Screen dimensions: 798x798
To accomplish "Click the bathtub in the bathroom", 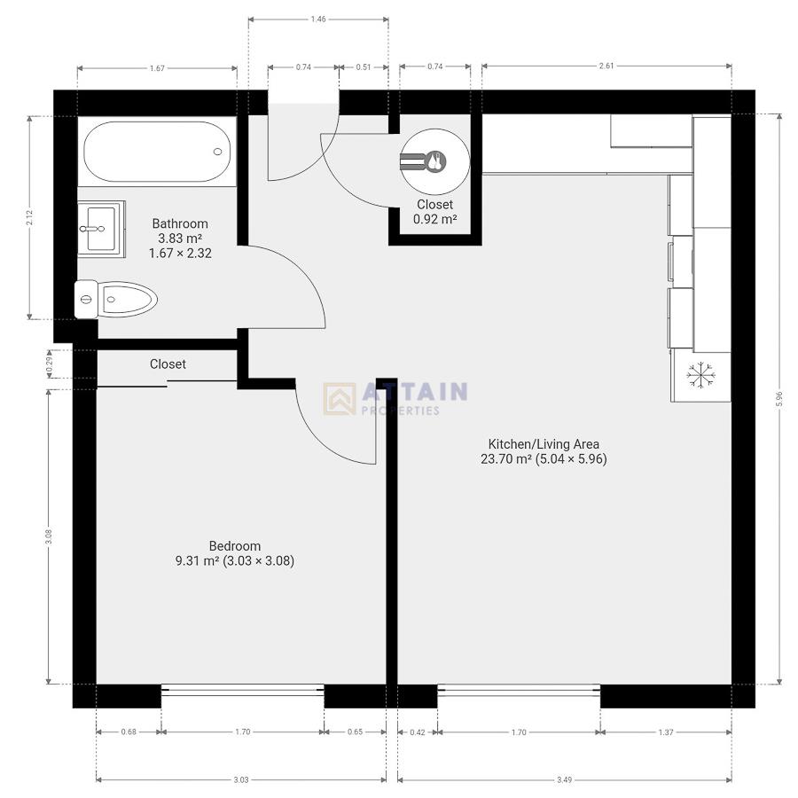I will (x=157, y=152).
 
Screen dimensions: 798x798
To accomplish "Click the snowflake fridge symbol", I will (x=700, y=376).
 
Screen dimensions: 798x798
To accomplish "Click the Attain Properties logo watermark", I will (x=395, y=398).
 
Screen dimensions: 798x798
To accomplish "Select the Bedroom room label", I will (x=234, y=546).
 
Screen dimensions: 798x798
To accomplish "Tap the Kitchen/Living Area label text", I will (x=544, y=443).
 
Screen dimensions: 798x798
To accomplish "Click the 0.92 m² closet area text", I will (x=434, y=219).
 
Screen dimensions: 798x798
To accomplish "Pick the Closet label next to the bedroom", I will (x=168, y=364).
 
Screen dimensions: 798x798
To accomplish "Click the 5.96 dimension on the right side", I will (x=779, y=399).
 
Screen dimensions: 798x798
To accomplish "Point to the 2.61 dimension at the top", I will (x=606, y=66).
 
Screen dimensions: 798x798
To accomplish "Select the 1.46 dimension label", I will (x=318, y=18).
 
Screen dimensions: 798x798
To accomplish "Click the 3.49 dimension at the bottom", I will (x=564, y=779).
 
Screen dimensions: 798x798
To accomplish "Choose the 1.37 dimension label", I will (x=666, y=732).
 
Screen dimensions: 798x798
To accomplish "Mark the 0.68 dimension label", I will (x=129, y=732).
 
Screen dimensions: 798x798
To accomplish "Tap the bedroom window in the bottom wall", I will (x=242, y=689).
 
